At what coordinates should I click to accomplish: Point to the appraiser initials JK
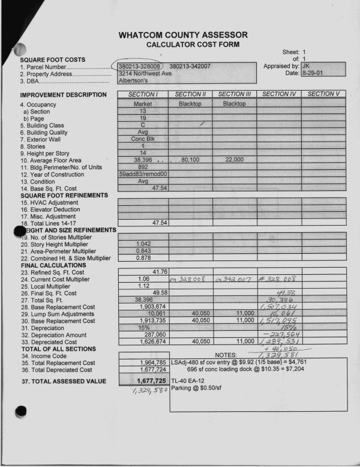click(x=307, y=65)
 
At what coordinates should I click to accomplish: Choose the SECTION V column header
click(x=323, y=94)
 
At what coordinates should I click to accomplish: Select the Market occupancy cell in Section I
click(x=143, y=104)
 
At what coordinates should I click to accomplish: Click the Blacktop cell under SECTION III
click(x=234, y=104)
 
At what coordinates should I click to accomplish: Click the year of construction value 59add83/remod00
click(x=143, y=174)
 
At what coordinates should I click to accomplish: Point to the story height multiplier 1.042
click(x=143, y=244)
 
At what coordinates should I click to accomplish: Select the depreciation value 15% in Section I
click(x=143, y=328)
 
